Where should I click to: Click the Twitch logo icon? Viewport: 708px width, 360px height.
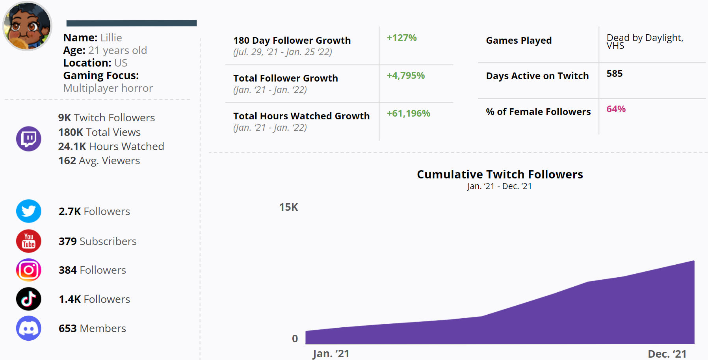click(29, 139)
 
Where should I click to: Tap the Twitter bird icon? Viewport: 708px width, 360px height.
click(29, 211)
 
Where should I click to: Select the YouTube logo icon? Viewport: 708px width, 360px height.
click(29, 241)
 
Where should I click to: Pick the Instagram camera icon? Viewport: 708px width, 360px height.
click(29, 270)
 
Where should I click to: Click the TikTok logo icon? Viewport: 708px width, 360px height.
click(29, 299)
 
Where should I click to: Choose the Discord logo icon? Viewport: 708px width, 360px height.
click(29, 328)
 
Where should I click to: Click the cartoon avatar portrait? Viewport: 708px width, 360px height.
click(27, 26)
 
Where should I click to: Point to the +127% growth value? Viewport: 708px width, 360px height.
click(401, 38)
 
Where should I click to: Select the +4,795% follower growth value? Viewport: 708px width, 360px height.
click(405, 76)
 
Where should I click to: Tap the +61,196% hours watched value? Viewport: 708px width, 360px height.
click(408, 113)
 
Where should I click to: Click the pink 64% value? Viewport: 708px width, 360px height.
click(616, 109)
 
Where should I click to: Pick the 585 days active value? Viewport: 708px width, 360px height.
click(614, 74)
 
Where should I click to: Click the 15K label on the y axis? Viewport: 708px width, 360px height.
click(288, 207)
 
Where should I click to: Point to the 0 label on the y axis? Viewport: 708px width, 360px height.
click(295, 339)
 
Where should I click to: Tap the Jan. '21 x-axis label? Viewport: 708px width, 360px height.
click(331, 354)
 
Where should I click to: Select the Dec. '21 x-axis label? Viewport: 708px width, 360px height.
click(667, 354)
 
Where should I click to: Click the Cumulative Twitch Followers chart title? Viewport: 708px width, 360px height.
click(500, 174)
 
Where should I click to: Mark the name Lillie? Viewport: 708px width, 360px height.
click(111, 38)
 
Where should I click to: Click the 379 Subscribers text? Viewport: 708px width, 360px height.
click(97, 241)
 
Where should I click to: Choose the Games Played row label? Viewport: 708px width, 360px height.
click(518, 41)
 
